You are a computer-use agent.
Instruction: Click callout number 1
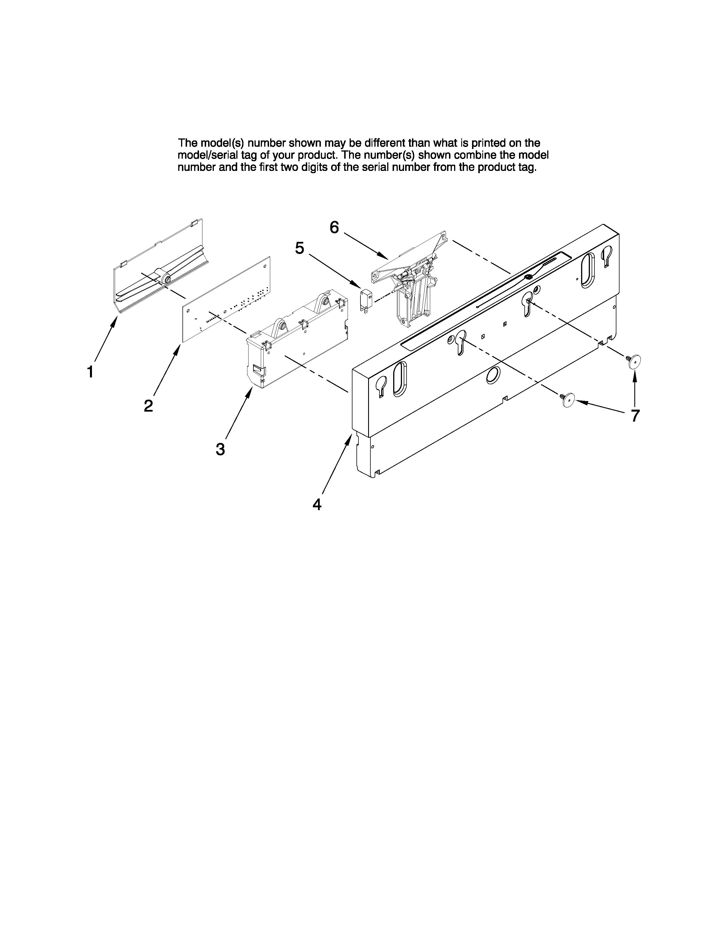pos(90,372)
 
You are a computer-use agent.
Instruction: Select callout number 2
pos(148,406)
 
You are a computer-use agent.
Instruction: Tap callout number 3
pos(220,449)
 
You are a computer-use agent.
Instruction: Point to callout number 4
pos(317,504)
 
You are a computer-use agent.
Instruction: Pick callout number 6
pos(334,227)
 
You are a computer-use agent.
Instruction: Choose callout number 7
pos(635,416)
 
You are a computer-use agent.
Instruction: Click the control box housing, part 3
pos(297,340)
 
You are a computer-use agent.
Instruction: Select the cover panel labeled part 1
pos(159,267)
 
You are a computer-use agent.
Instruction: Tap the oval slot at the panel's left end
pos(399,379)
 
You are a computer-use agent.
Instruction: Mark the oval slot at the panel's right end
pos(588,270)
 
